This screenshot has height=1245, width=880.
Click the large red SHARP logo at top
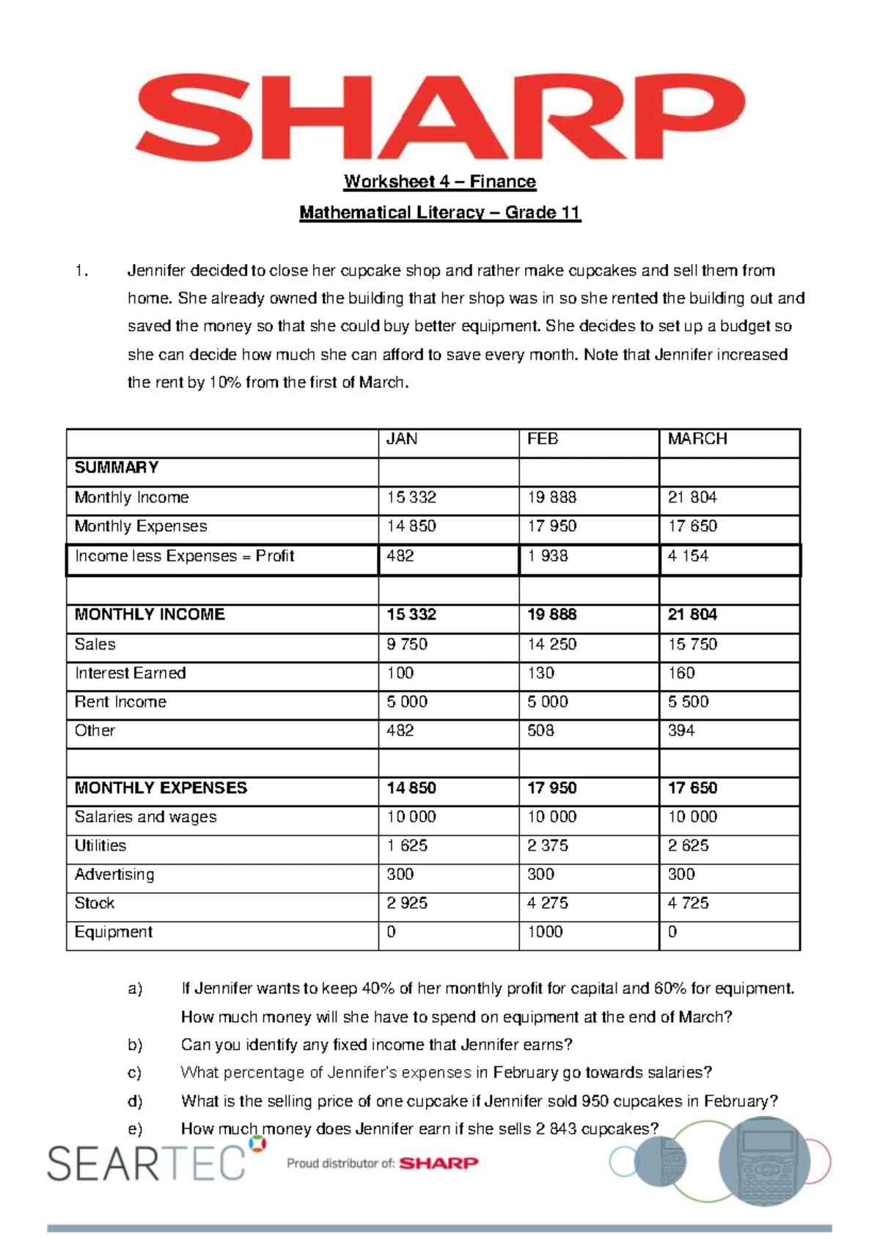click(439, 116)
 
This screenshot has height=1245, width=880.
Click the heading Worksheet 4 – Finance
click(440, 181)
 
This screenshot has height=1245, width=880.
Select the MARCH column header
click(697, 439)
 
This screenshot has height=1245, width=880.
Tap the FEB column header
click(543, 439)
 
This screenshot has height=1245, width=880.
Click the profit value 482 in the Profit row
click(400, 556)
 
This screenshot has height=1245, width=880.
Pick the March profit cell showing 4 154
click(688, 556)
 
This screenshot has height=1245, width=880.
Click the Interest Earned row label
click(131, 673)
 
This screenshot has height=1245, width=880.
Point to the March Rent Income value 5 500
click(688, 702)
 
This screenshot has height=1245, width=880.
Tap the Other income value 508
click(540, 730)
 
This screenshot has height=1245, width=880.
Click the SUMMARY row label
click(117, 468)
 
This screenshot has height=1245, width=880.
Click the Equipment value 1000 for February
click(545, 932)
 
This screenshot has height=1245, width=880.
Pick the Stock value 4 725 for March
click(688, 903)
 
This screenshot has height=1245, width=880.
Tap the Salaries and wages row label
click(146, 817)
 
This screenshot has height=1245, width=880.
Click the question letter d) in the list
click(135, 1101)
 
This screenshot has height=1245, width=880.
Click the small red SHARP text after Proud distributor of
click(439, 1163)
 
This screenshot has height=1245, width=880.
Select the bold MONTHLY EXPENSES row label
click(161, 788)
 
